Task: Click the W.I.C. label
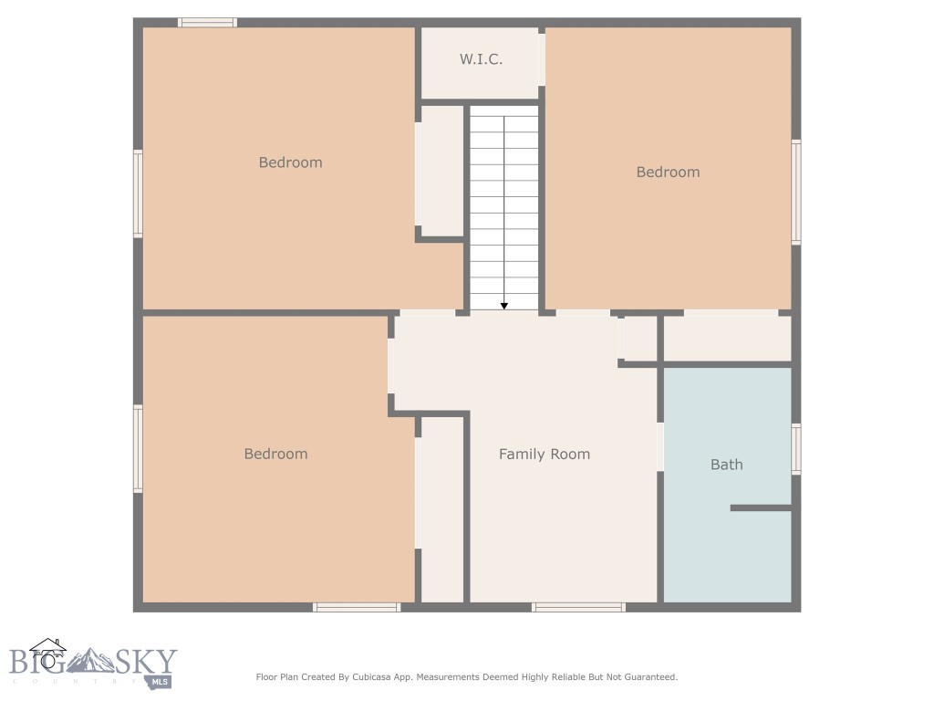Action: point(481,59)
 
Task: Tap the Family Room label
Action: point(544,454)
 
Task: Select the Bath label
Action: point(726,465)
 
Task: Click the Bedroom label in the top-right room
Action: point(668,172)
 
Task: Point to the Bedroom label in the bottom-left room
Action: point(275,454)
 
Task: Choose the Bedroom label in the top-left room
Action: point(290,162)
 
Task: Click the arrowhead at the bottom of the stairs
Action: point(504,306)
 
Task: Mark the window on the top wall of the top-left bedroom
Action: point(207,22)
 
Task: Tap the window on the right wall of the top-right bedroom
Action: point(796,192)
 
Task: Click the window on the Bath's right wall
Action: point(796,449)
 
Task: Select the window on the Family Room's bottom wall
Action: point(578,607)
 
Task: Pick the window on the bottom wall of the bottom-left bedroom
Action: point(357,607)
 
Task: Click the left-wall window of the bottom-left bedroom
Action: point(138,449)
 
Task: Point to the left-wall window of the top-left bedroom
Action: point(138,194)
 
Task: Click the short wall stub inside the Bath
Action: point(760,507)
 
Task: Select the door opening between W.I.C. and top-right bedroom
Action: point(542,59)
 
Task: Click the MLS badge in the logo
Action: point(161,681)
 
